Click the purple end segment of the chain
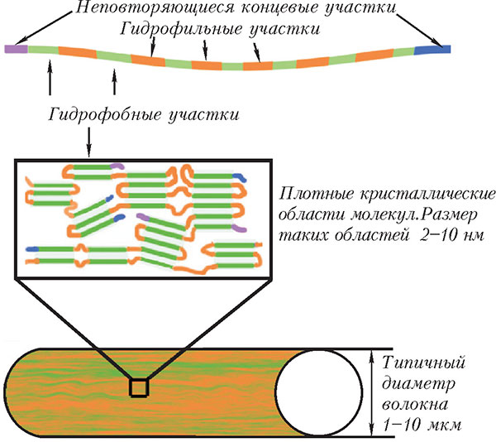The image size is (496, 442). pyautogui.click(x=15, y=49)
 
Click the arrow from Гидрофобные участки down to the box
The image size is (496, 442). pyautogui.click(x=88, y=142)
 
